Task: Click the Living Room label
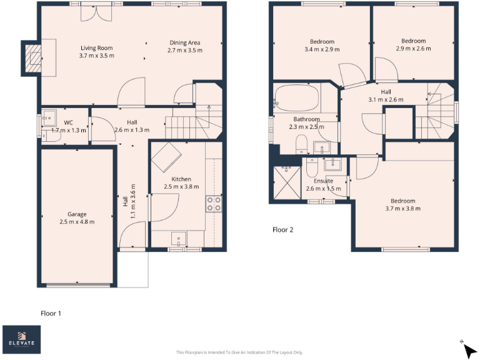coord(97,47)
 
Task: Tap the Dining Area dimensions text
coord(186,50)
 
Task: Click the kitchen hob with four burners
coord(214,203)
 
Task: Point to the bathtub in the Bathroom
coord(297,98)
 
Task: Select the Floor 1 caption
coord(51,313)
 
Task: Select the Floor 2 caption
coord(282,229)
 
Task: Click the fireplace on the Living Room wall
coord(32,58)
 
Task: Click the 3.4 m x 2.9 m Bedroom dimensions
coord(322,49)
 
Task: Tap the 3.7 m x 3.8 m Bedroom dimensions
coord(403,209)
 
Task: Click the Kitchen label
coord(181,179)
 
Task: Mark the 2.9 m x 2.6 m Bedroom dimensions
coord(413,48)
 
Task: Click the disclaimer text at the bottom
coord(240,352)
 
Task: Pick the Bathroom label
coord(306,119)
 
